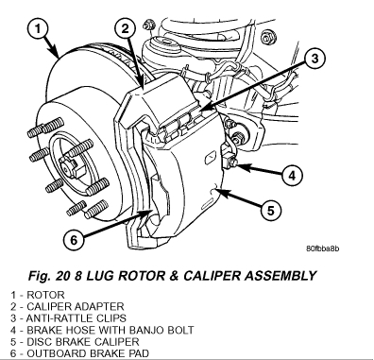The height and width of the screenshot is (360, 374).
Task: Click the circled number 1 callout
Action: pyautogui.click(x=38, y=29)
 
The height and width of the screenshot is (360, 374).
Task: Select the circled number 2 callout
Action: pyautogui.click(x=125, y=29)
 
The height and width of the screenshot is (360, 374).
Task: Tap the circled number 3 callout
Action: pyautogui.click(x=314, y=59)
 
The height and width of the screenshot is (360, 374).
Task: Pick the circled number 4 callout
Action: pyautogui.click(x=293, y=175)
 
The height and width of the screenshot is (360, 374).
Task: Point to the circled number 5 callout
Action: pyautogui.click(x=271, y=210)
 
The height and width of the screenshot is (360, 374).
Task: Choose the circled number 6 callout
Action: pyautogui.click(x=74, y=241)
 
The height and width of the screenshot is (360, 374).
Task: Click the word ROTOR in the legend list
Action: pyautogui.click(x=45, y=295)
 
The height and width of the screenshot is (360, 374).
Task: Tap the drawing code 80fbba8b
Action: pyautogui.click(x=323, y=249)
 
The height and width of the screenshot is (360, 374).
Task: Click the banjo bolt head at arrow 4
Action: pyautogui.click(x=232, y=163)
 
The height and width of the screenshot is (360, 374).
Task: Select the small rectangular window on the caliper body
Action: pyautogui.click(x=210, y=158)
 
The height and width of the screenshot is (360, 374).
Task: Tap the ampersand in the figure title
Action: pyautogui.click(x=174, y=276)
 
